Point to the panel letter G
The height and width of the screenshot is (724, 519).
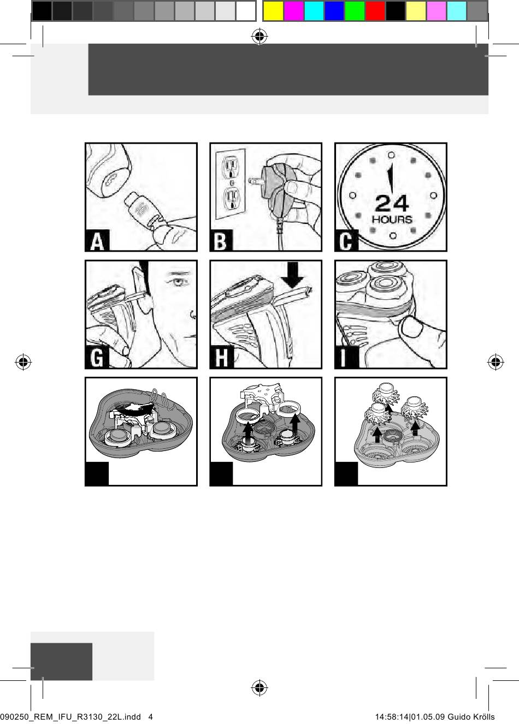pos(97,358)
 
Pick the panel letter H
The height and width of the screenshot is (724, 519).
pos(221,358)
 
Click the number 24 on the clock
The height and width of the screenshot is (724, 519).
pos(392,203)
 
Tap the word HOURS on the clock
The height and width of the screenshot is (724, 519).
pos(392,219)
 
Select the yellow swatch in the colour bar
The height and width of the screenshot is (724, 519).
pos(274,11)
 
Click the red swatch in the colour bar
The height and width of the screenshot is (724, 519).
pos(375,11)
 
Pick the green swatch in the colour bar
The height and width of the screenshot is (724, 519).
pos(355,11)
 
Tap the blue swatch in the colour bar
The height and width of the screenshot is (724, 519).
pos(334,11)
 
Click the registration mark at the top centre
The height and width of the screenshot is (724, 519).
pos(259,37)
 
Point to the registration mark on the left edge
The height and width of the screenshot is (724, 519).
pos(23,362)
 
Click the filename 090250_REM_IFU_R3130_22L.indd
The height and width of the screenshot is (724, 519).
pos(70,716)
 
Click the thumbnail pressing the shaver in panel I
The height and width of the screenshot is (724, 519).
pos(411,326)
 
